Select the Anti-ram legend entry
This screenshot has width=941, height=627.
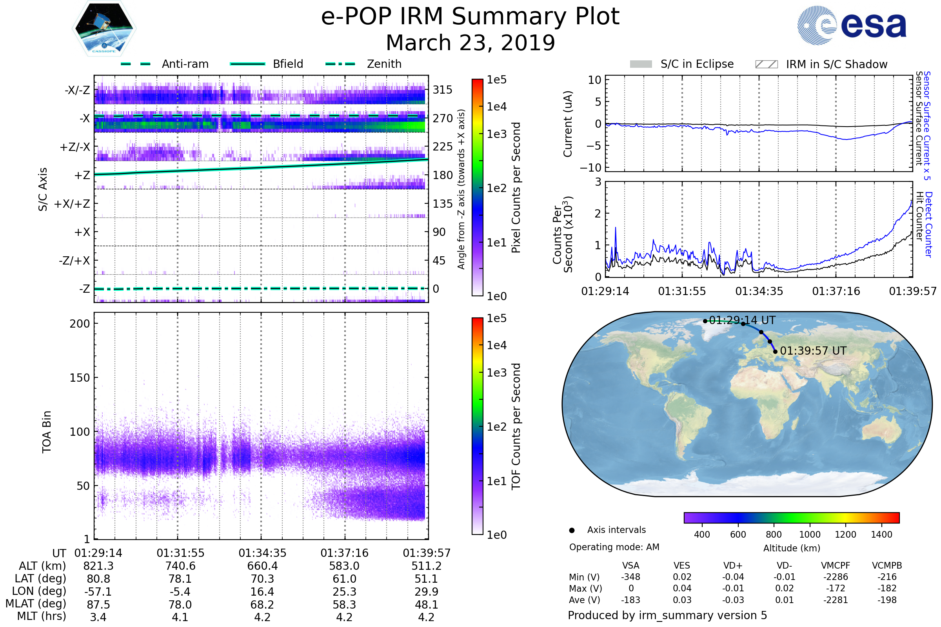click(x=165, y=64)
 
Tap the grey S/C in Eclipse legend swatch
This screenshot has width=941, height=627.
click(x=641, y=64)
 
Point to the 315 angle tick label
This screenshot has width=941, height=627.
click(x=442, y=90)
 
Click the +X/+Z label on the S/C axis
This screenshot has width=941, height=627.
click(x=72, y=204)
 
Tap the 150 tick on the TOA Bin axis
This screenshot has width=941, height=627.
click(x=80, y=378)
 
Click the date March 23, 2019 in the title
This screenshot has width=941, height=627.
click(x=470, y=43)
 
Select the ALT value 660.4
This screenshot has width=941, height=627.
click(x=262, y=566)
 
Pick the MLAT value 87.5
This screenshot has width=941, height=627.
click(x=98, y=605)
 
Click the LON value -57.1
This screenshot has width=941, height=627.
click(x=98, y=592)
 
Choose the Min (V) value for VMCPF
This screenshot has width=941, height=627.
click(x=836, y=577)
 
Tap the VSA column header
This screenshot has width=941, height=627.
click(x=630, y=566)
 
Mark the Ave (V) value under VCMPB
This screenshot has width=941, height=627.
click(x=887, y=600)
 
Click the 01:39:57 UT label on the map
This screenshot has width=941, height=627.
click(x=813, y=351)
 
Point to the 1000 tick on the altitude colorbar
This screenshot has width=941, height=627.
click(x=809, y=535)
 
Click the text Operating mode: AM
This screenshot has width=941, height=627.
click(x=614, y=547)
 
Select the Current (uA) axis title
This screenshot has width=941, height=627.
click(x=568, y=124)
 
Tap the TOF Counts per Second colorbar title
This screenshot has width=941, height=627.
click(x=516, y=426)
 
